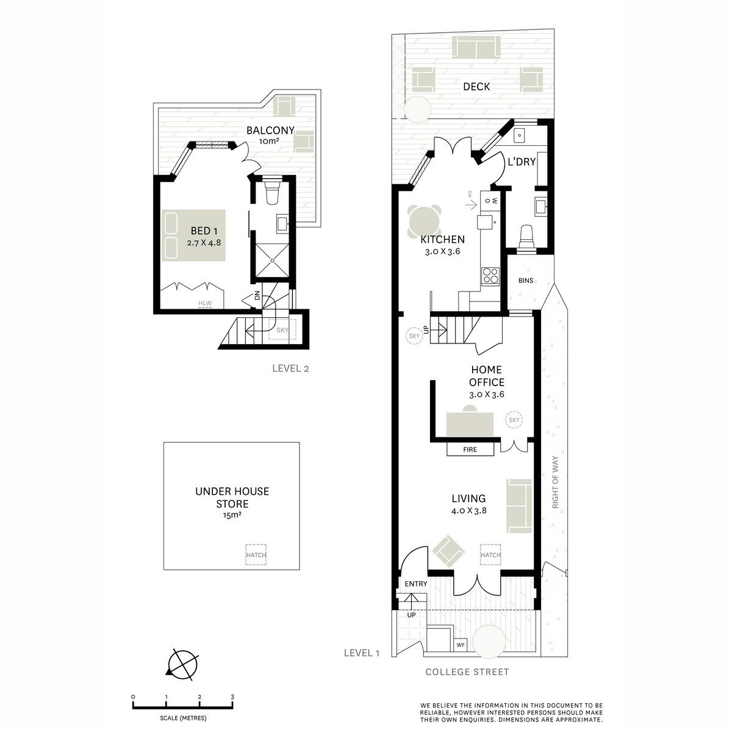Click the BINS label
[526, 281]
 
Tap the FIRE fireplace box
[470, 450]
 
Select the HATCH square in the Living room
[490, 555]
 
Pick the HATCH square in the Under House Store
[256, 555]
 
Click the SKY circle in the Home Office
[514, 420]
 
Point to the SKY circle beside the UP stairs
[414, 335]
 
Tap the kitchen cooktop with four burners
[490, 276]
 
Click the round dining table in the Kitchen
[425, 221]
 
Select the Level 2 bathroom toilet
[271, 192]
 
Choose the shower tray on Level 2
[271, 260]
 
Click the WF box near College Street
[461, 645]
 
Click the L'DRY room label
[522, 162]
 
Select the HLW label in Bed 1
[205, 303]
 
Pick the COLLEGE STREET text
[467, 672]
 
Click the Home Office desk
[470, 424]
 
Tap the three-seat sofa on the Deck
[476, 48]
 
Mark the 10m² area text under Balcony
[270, 142]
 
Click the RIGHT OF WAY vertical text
[555, 483]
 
